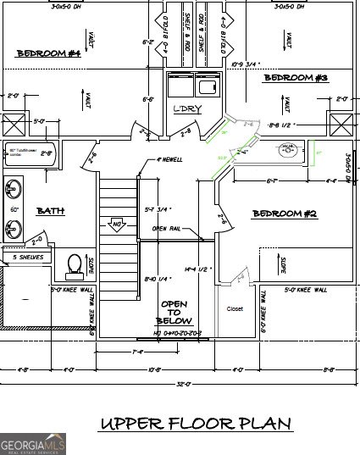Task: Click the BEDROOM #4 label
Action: pyautogui.click(x=48, y=53)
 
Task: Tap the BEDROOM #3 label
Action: pyautogui.click(x=296, y=78)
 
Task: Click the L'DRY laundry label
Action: pyautogui.click(x=186, y=110)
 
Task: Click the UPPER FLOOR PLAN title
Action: pyautogui.click(x=196, y=423)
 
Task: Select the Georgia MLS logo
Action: pyautogui.click(x=33, y=443)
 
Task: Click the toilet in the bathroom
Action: pyautogui.click(x=73, y=264)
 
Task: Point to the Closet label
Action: pyautogui.click(x=235, y=309)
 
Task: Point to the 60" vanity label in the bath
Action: pyautogui.click(x=14, y=208)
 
